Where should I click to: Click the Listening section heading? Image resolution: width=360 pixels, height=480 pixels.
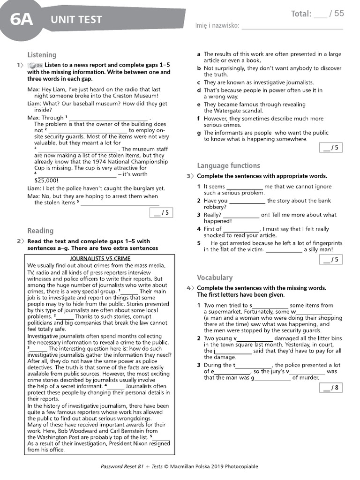click(x=42, y=55)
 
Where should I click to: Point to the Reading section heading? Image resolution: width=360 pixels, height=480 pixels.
click(x=40, y=231)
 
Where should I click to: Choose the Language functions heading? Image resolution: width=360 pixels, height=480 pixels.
click(x=228, y=165)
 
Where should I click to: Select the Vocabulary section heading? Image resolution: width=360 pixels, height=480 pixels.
click(x=215, y=277)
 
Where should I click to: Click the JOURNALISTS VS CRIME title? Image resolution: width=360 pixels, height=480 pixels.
click(x=100, y=258)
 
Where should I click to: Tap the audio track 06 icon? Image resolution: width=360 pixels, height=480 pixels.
click(x=35, y=65)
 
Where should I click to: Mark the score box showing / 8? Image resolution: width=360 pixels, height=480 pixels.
click(x=330, y=388)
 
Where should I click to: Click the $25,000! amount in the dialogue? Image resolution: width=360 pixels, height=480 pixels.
click(x=46, y=180)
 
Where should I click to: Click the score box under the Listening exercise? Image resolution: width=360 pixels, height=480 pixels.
click(x=160, y=213)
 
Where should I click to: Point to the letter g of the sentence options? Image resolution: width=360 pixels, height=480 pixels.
click(x=199, y=133)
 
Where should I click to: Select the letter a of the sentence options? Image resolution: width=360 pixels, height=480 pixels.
click(x=199, y=54)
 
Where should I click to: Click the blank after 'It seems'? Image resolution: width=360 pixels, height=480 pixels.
click(x=244, y=187)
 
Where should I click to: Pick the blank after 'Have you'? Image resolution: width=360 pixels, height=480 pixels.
click(x=247, y=201)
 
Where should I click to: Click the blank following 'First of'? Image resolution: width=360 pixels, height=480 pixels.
click(x=241, y=229)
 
